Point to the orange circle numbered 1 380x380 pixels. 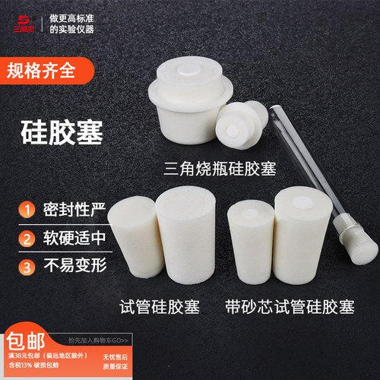(x=26, y=208)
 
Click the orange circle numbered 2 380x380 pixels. (x=26, y=238)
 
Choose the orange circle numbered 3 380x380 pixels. (x=26, y=268)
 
